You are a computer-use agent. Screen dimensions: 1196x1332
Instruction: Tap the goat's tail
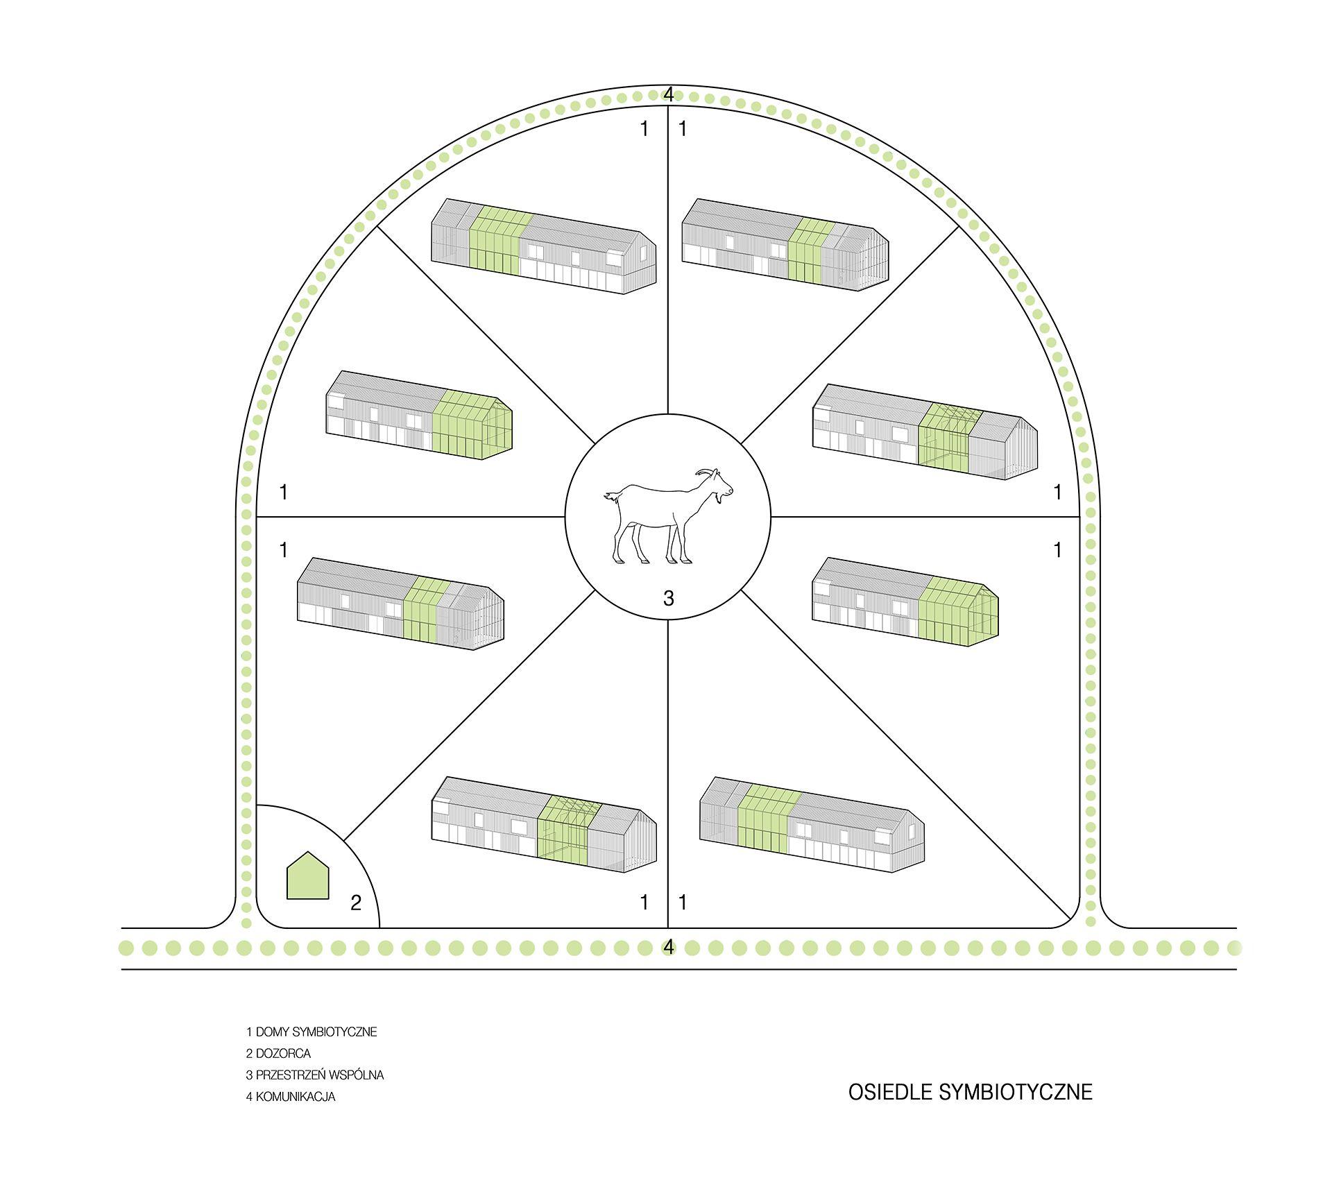pos(612,497)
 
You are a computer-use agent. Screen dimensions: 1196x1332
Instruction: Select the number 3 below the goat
pos(668,597)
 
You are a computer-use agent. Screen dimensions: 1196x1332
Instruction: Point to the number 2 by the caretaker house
pos(356,903)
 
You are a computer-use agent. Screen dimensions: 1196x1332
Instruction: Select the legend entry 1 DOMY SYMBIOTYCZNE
pos(311,1032)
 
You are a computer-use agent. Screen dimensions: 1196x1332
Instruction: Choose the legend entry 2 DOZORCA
pos(278,1053)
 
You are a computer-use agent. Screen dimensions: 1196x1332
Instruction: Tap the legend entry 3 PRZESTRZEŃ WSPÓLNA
pos(314,1075)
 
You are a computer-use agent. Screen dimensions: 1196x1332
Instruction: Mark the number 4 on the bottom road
pos(668,947)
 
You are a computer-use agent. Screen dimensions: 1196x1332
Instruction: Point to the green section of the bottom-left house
pos(564,832)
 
